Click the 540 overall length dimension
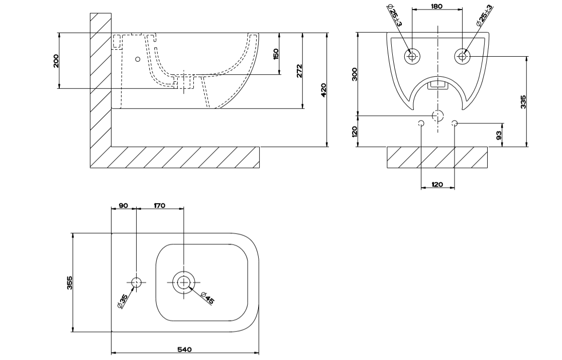click(x=184, y=349)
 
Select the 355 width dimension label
click(x=70, y=283)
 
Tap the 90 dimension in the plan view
click(x=123, y=205)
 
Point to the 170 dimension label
click(x=160, y=205)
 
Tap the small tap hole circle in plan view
click(x=137, y=283)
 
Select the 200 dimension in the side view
click(x=56, y=61)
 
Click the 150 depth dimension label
click(x=276, y=54)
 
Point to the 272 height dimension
click(x=299, y=70)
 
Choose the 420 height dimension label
click(x=324, y=89)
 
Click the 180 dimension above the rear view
click(x=437, y=6)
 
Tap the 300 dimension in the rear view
click(x=355, y=75)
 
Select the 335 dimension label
click(x=524, y=101)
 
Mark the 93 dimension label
click(x=499, y=136)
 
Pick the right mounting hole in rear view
click(x=462, y=56)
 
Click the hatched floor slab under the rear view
click(x=437, y=157)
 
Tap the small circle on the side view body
click(x=138, y=59)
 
